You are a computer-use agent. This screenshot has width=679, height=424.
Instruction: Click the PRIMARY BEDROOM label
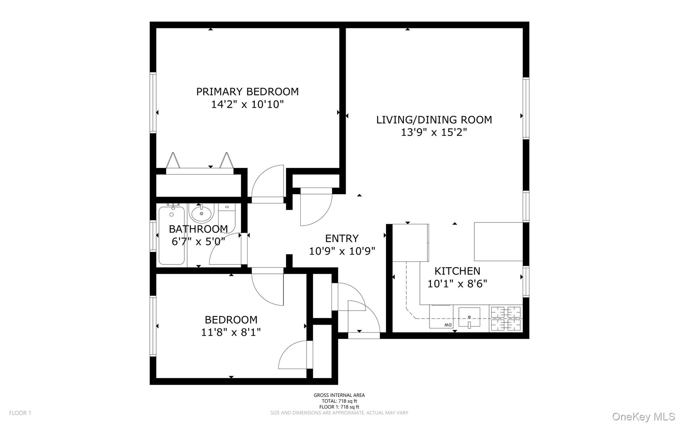[247, 92]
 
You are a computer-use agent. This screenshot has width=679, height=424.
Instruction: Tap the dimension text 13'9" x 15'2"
[434, 133]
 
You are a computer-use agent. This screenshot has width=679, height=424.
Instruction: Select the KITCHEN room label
[457, 271]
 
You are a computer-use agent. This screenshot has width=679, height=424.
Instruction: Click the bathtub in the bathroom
[171, 235]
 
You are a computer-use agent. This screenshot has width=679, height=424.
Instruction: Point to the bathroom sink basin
[202, 213]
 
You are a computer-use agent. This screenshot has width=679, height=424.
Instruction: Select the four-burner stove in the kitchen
[506, 318]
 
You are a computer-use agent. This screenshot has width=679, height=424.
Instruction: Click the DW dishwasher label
[447, 325]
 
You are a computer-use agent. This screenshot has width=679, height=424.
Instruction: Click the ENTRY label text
[342, 239]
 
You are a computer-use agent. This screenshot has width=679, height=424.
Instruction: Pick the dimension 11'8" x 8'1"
[231, 332]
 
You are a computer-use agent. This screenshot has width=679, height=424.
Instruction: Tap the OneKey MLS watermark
[643, 416]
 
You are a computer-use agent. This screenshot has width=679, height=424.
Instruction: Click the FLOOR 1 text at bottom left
[20, 413]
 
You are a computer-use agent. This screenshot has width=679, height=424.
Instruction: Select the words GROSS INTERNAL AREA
[339, 395]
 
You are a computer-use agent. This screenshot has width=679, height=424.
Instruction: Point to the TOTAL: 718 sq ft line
[339, 401]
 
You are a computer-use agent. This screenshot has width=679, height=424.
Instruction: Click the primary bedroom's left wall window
[153, 103]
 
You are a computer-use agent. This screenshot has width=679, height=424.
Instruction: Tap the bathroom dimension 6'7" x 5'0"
[198, 242]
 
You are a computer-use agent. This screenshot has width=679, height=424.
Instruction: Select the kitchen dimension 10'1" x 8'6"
[457, 284]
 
